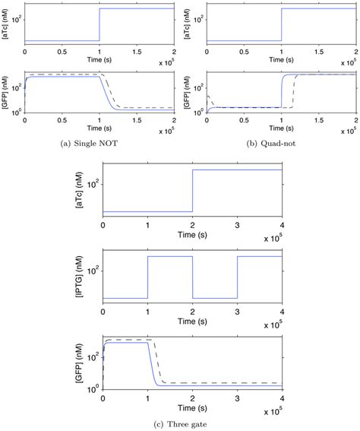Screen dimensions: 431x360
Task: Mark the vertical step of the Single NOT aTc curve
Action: point(99,24)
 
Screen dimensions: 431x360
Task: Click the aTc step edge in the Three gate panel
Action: point(193,190)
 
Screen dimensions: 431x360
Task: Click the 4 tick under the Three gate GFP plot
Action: point(283,398)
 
